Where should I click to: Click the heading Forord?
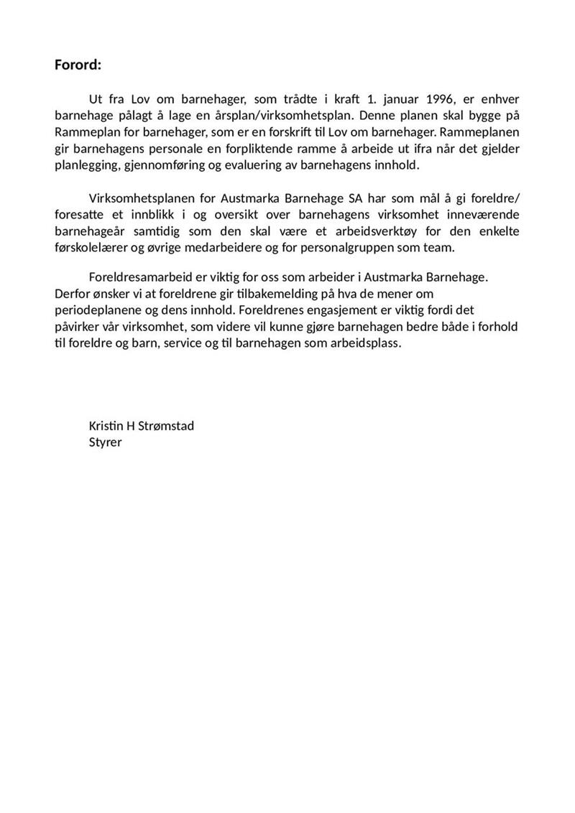coord(78,65)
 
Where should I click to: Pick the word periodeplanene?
coord(97,310)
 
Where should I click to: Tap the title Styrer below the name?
coord(105,442)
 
